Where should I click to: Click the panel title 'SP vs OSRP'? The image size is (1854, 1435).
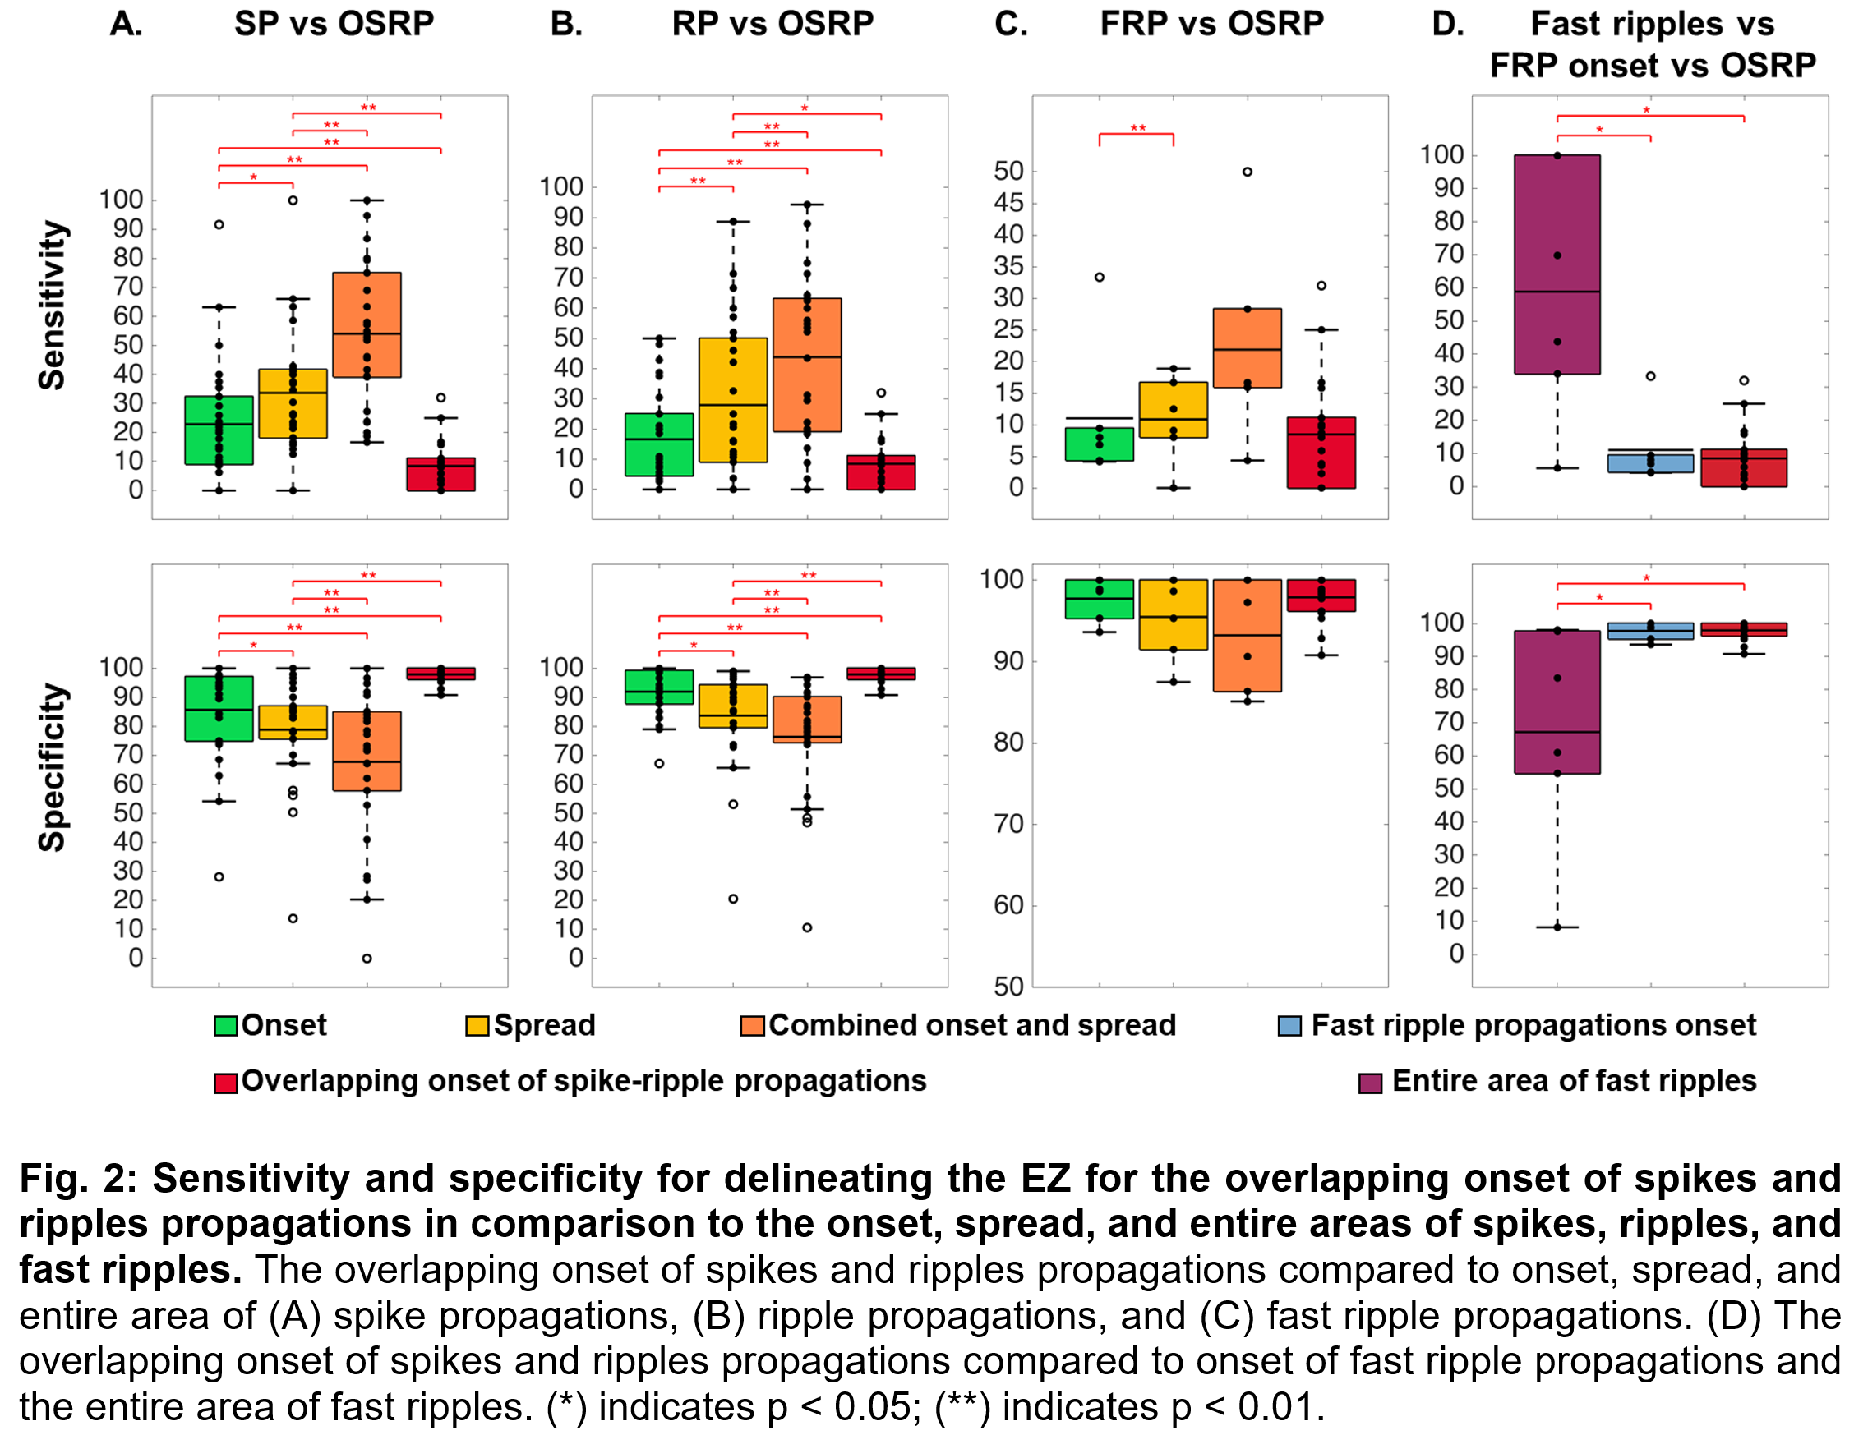tap(334, 24)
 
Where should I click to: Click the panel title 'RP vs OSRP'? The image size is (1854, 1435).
tap(772, 24)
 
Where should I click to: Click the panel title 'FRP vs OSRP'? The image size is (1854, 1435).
tap(1211, 24)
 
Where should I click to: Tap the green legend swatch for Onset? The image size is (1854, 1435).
tap(226, 1026)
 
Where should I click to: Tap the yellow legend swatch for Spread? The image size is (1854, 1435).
tap(477, 1026)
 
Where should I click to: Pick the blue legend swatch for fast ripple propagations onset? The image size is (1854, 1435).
tap(1289, 1026)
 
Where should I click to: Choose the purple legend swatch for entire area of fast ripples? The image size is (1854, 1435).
tap(1370, 1083)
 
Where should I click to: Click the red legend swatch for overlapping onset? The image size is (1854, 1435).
tap(226, 1083)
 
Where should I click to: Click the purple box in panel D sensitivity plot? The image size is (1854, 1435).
tap(1557, 264)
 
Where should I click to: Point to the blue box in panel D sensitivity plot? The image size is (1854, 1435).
tap(1650, 463)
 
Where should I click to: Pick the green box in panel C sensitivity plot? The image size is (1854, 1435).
tap(1100, 444)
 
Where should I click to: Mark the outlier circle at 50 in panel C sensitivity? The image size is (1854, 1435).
tap(1247, 172)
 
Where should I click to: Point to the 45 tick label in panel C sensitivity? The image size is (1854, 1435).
tap(1008, 203)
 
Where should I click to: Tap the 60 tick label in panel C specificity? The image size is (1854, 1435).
tap(1008, 905)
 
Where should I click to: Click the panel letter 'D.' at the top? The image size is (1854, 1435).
tap(1448, 24)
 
